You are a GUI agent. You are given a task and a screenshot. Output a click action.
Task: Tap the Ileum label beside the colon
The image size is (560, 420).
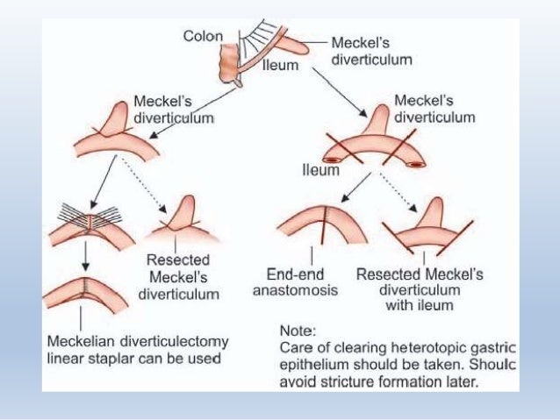[x=282, y=65]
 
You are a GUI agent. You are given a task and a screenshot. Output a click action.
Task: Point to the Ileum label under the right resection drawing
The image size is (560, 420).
[x=320, y=170]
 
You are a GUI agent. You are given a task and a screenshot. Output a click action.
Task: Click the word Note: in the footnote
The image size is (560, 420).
[x=296, y=331]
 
